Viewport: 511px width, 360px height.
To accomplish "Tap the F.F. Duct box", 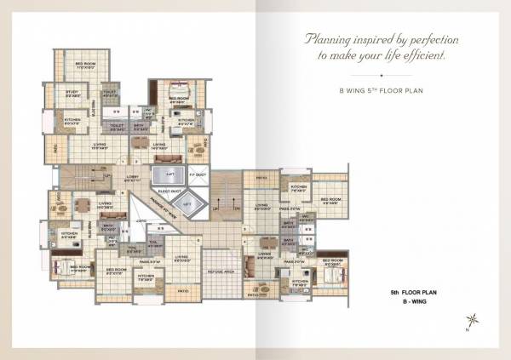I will (194, 178).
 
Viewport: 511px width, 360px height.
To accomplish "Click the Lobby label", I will (132, 178).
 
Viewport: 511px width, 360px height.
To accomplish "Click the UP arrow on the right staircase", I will (215, 208).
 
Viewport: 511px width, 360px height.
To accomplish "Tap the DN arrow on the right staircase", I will (229, 208).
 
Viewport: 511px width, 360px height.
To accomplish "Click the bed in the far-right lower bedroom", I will (333, 275).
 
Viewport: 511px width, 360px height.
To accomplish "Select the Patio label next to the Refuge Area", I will (182, 290).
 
